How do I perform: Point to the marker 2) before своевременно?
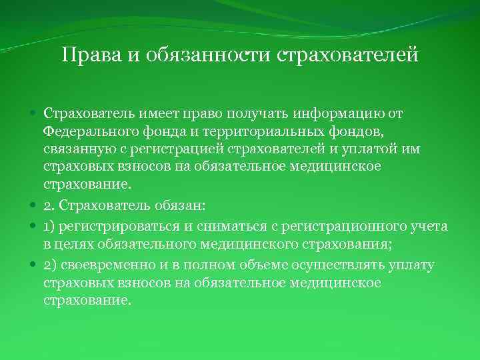(x=50, y=266)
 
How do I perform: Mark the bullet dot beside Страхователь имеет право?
(x=33, y=114)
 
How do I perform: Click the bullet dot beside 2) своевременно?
(x=33, y=266)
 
